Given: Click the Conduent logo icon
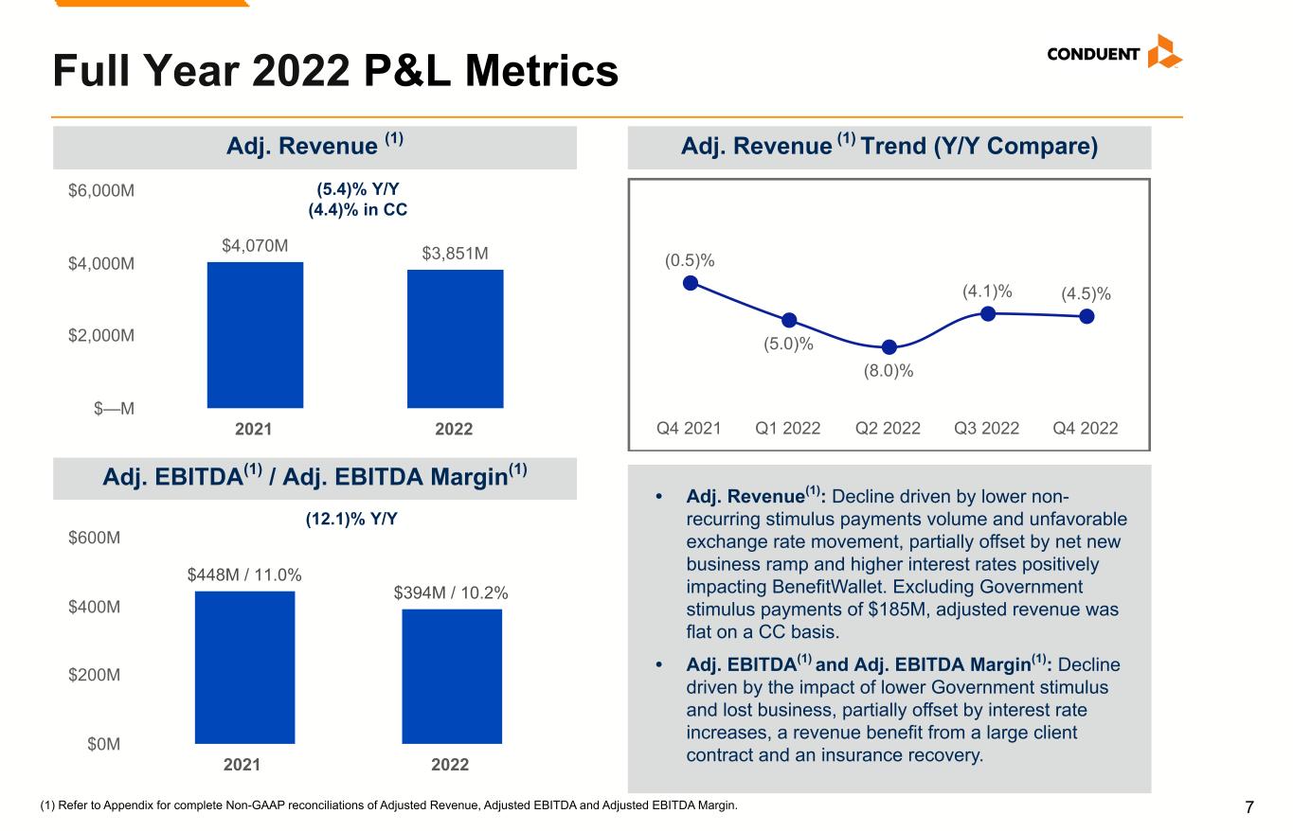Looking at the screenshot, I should coord(1164,52).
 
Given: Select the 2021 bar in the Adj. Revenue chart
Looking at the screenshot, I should coord(256,335).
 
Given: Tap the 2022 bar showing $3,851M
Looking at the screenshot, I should coord(455,339).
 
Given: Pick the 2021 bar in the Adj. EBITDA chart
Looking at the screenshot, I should coord(244,667).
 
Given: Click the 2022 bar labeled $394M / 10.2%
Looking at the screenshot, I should coord(451,676).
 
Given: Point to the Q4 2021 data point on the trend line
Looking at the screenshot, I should coord(691,282).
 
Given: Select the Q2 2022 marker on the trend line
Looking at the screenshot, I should coord(889,347).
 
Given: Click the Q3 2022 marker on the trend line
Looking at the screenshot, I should coord(988,313).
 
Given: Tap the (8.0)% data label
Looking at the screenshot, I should coord(888,371).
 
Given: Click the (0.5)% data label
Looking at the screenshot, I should coord(689,259).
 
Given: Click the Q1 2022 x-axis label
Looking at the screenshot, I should coord(787,428).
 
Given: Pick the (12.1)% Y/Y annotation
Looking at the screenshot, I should coord(357,520).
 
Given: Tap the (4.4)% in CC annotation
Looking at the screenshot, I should coord(358,209).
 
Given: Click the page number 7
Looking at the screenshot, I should coord(1249,807).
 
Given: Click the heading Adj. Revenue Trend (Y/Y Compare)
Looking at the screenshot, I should coord(889,147).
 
